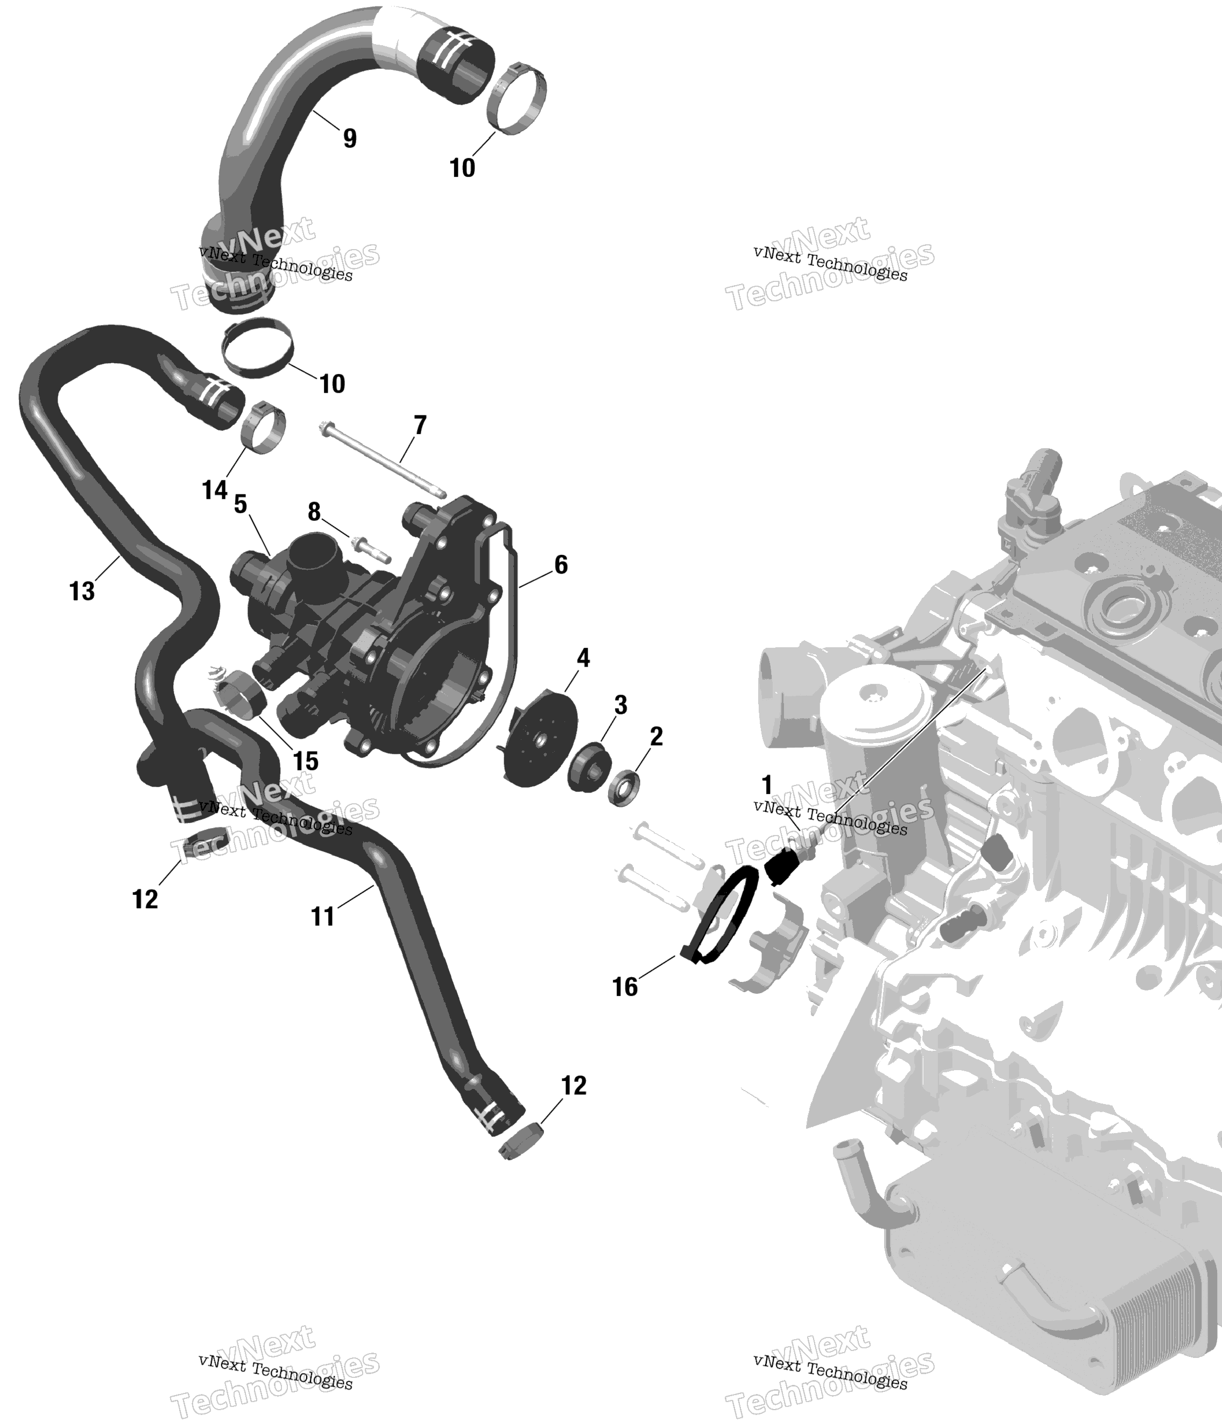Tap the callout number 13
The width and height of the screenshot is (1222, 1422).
(x=82, y=591)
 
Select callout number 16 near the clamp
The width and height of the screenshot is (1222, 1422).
(x=625, y=987)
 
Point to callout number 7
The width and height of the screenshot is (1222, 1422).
(x=420, y=425)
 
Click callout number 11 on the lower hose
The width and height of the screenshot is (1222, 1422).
(x=323, y=916)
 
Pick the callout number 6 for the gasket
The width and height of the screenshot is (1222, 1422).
(x=561, y=565)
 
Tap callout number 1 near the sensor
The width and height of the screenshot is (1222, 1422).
(x=767, y=784)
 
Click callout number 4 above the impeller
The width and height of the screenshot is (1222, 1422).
(x=583, y=657)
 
